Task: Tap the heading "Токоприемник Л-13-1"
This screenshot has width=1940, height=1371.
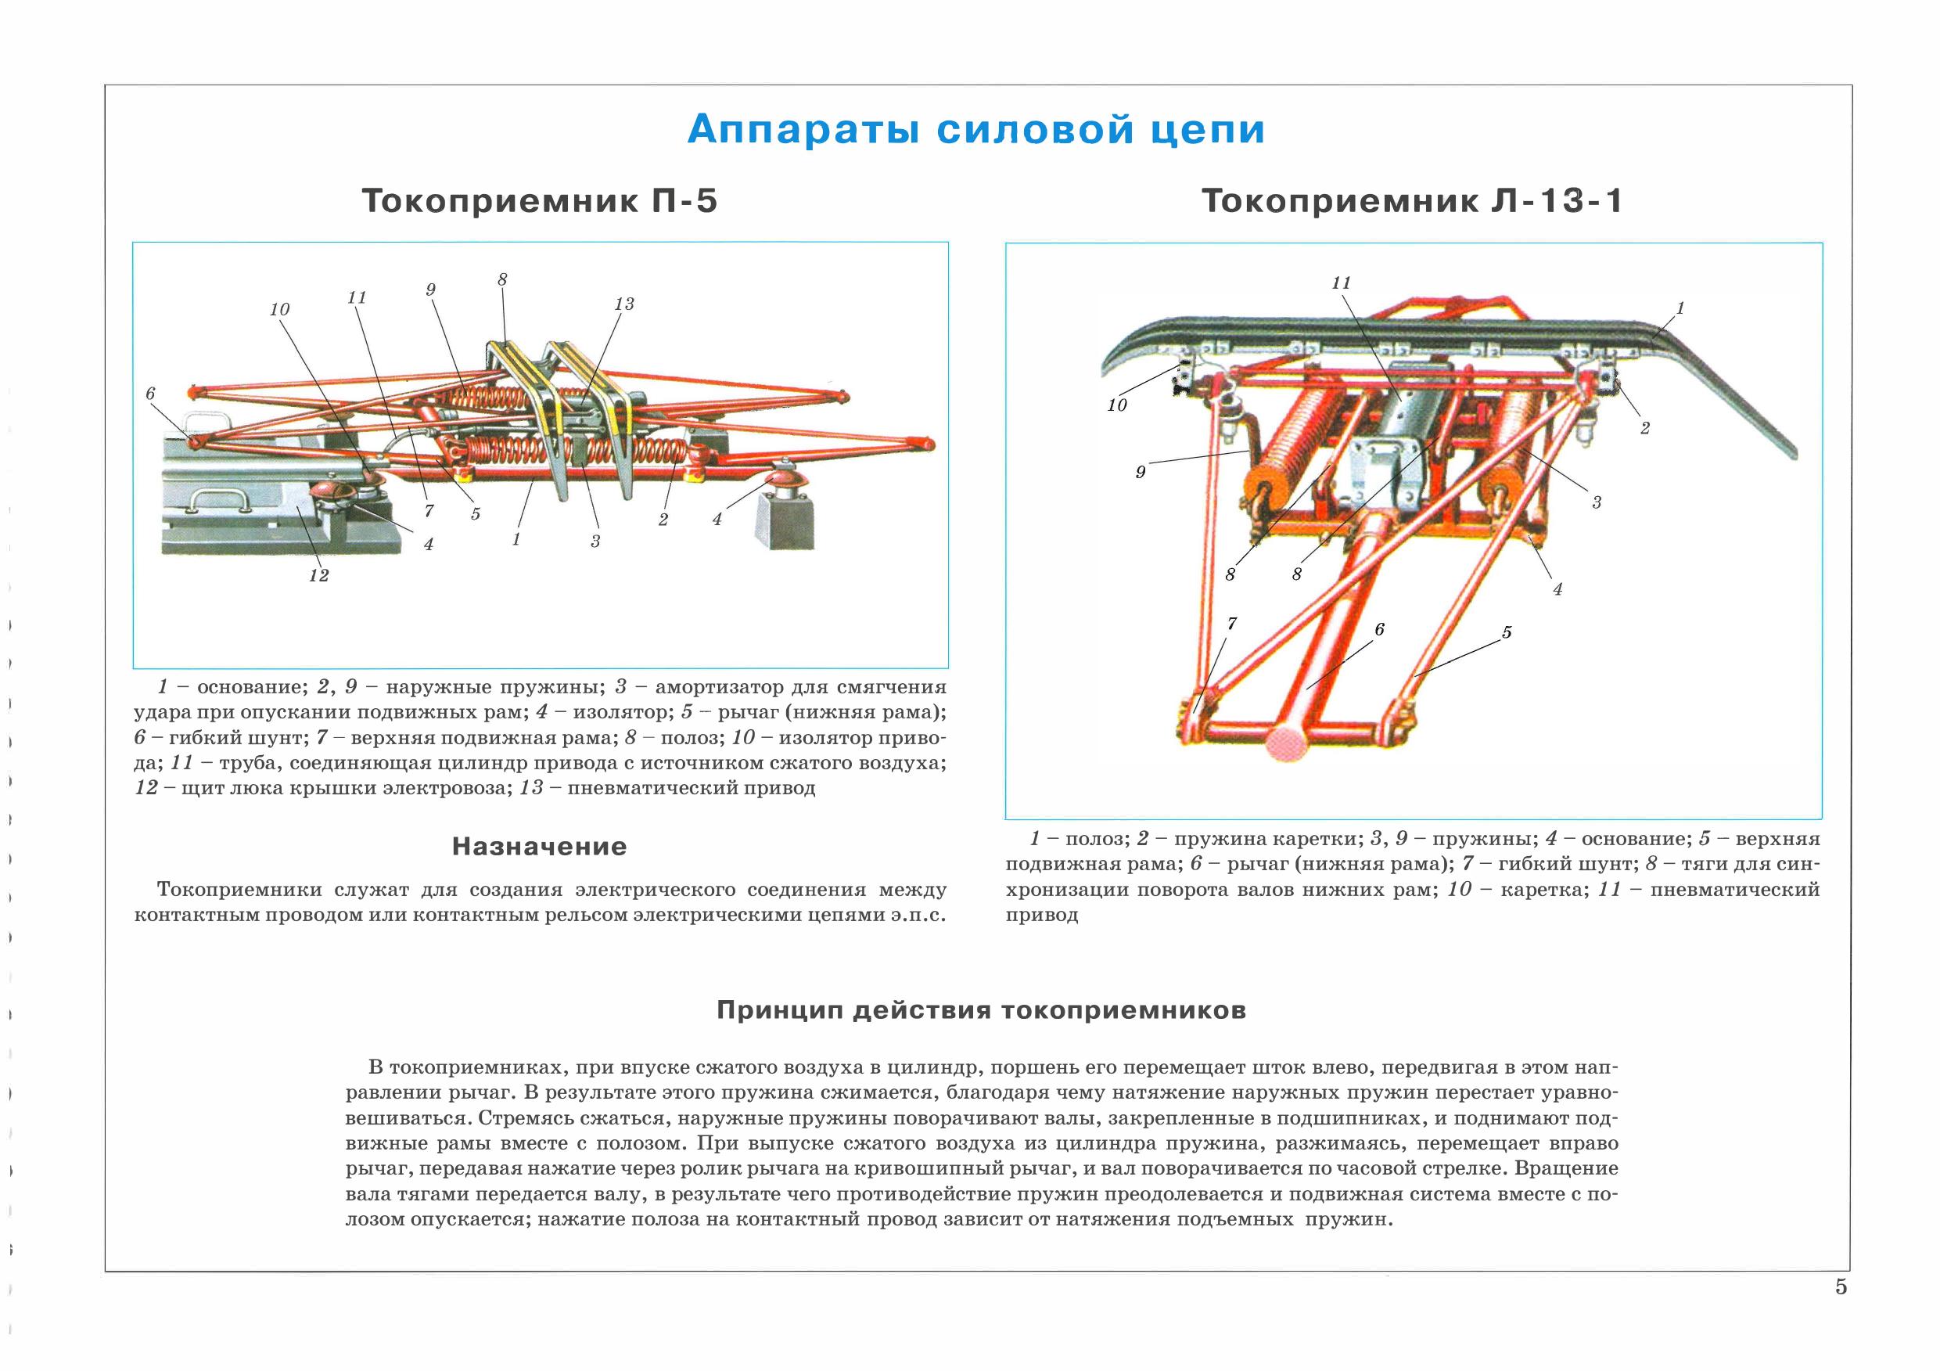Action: (x=1412, y=202)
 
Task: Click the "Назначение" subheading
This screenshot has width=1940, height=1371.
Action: (x=539, y=846)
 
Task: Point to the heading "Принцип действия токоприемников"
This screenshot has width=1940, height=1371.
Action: (x=980, y=1010)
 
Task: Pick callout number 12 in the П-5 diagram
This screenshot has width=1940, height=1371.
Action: (x=318, y=576)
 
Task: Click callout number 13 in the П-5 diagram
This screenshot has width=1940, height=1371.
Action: (x=623, y=304)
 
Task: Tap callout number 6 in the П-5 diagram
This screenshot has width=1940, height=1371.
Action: (x=150, y=393)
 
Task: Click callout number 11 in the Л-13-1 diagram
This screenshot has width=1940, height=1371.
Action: (x=1341, y=283)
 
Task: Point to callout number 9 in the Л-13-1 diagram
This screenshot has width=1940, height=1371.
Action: (x=1140, y=473)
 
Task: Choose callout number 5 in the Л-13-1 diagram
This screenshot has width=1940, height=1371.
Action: (x=1507, y=632)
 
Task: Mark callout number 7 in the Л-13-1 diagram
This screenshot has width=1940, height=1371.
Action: (x=1232, y=624)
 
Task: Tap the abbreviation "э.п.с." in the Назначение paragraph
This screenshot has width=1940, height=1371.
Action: (x=918, y=916)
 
